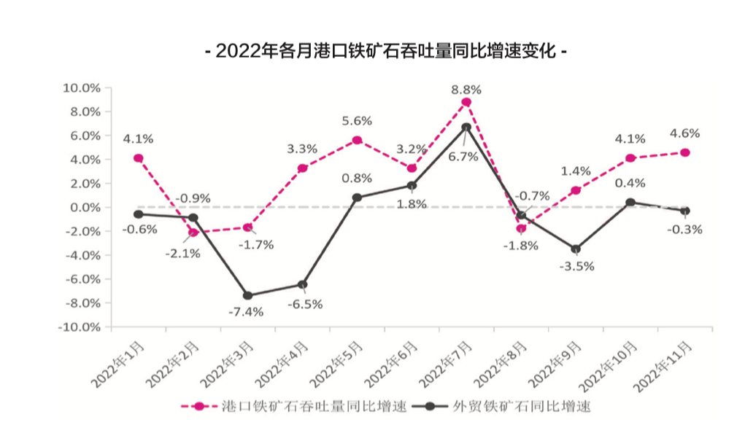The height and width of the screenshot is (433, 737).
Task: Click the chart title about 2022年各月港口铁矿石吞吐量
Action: (387, 52)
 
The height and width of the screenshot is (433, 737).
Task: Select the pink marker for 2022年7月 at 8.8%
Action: (466, 102)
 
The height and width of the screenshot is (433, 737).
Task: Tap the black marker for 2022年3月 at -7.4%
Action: (247, 295)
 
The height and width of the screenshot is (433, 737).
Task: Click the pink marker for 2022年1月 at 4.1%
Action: (138, 158)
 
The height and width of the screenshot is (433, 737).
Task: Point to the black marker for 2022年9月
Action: (576, 249)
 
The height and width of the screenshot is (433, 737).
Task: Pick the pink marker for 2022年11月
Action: (685, 152)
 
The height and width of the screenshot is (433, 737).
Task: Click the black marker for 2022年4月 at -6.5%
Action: (302, 284)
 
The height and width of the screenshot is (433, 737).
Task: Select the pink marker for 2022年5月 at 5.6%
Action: (357, 140)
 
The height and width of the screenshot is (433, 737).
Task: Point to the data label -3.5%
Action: (577, 266)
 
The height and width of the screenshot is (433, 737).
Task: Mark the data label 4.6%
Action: (684, 133)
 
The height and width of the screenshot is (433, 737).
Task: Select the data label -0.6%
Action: (139, 230)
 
